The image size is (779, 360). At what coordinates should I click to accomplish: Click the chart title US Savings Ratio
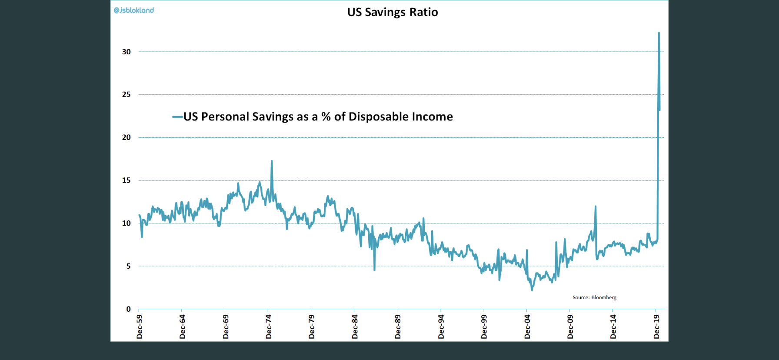(x=393, y=12)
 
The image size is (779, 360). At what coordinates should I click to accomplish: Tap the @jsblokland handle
(x=134, y=10)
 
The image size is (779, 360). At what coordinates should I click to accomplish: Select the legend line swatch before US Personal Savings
(x=177, y=117)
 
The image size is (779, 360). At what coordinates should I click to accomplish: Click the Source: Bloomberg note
(x=594, y=297)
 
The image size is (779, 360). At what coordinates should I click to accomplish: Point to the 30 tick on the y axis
(x=126, y=52)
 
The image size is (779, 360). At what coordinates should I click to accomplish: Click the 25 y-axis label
(x=126, y=94)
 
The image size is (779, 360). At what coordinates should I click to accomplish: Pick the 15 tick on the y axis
(x=126, y=180)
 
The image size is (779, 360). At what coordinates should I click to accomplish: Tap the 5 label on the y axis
(x=128, y=266)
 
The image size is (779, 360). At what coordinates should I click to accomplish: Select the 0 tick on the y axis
(x=128, y=309)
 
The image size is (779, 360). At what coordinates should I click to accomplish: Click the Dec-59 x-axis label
(x=140, y=327)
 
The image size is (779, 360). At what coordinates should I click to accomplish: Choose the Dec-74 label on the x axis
(x=269, y=327)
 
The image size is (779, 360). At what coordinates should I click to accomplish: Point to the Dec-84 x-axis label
(x=355, y=327)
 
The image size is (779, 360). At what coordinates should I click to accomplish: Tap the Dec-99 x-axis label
(x=484, y=327)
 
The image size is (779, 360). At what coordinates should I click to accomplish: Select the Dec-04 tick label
(x=527, y=327)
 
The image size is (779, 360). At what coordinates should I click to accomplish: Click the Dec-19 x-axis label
(x=656, y=327)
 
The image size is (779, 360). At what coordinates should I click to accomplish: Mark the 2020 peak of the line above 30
(x=659, y=33)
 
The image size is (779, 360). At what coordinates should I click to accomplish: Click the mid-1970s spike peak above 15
(x=272, y=161)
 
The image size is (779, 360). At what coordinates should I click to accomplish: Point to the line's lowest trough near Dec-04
(x=532, y=290)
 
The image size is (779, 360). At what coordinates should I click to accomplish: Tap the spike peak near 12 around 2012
(x=596, y=207)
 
